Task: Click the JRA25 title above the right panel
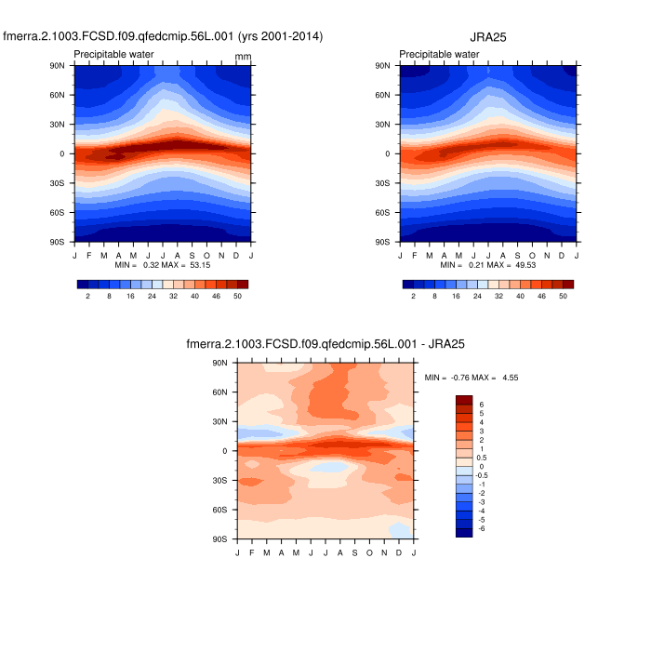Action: coord(487,36)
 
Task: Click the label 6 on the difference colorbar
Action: coord(481,405)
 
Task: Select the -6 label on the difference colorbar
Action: coord(480,528)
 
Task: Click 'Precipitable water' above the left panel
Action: coord(114,54)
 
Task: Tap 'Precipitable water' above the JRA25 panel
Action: coord(440,54)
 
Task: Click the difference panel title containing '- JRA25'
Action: coord(325,344)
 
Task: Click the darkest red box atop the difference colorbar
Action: coord(464,400)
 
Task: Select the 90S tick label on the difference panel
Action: coord(220,539)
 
